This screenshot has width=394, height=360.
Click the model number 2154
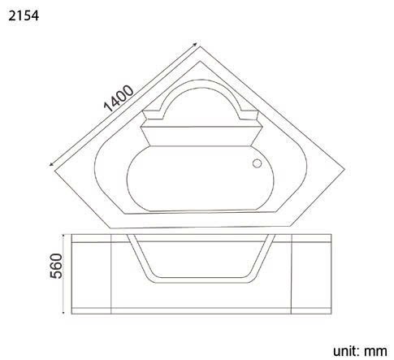tap(22, 15)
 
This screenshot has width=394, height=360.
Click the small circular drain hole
tap(258, 164)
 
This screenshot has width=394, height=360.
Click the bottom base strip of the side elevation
tap(201, 310)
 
